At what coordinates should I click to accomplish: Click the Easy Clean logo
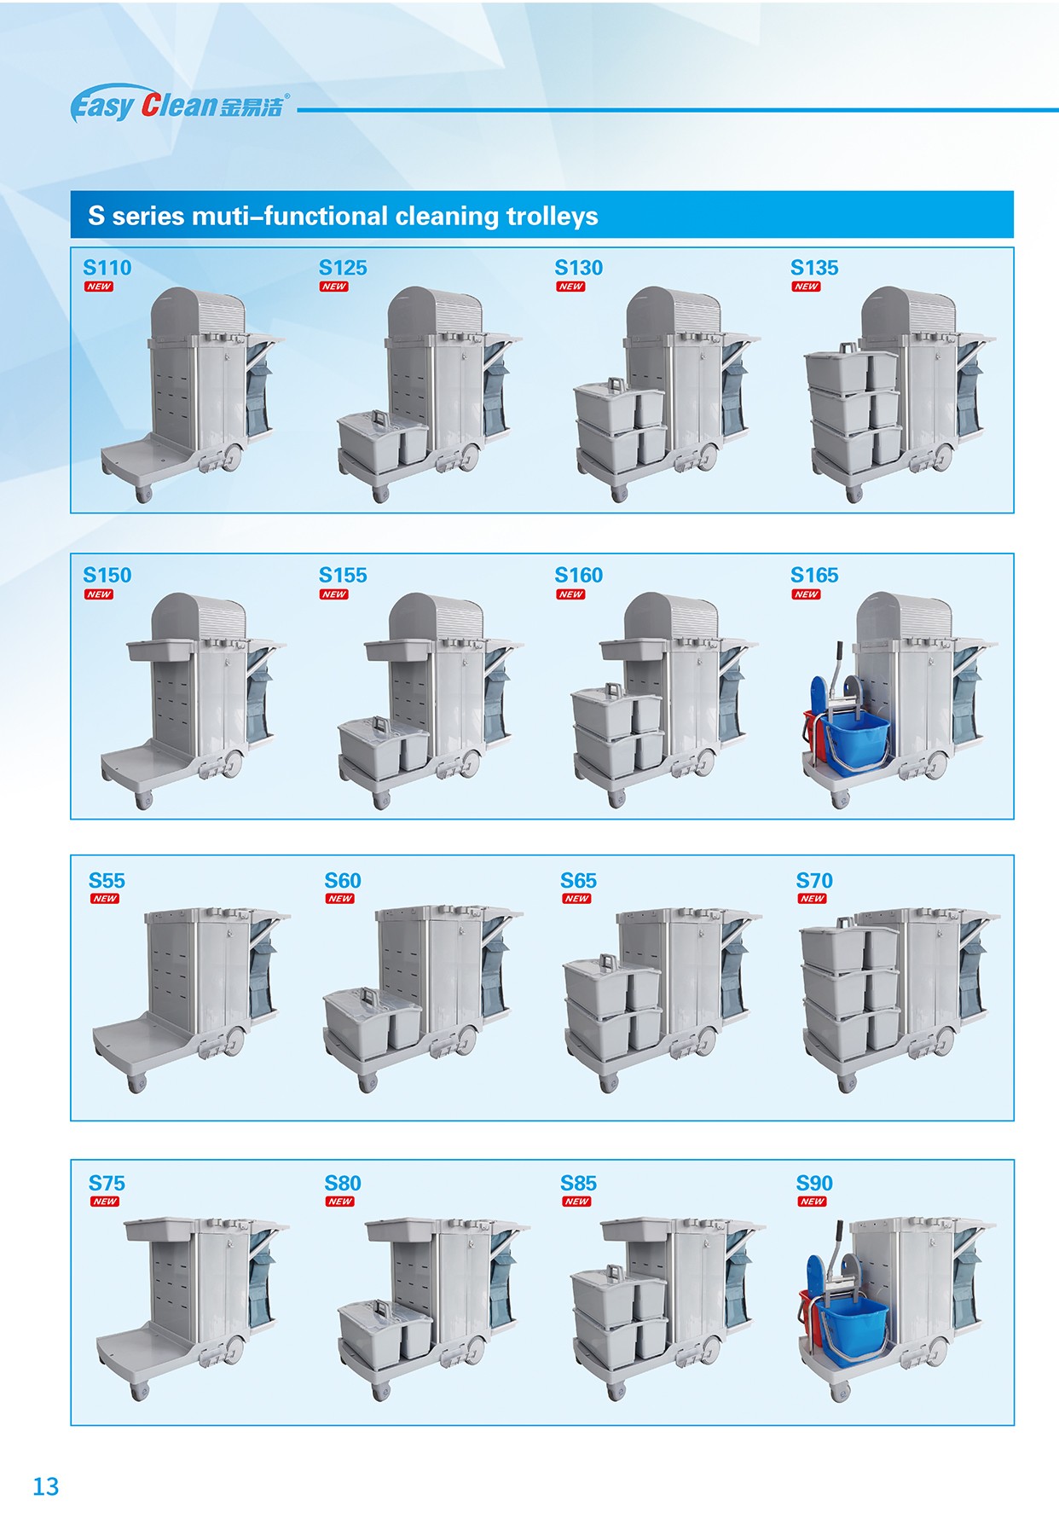pos(180,104)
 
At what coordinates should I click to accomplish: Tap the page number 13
pos(46,1486)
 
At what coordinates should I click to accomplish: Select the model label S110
pos(107,268)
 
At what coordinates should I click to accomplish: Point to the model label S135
pos(814,268)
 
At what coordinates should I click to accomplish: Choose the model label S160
pos(579,576)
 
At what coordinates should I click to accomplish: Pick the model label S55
pos(107,881)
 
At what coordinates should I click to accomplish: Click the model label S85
pos(578,1184)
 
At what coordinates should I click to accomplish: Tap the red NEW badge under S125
pos(334,287)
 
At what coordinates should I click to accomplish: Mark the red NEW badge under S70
pos(812,899)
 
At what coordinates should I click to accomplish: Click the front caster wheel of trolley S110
pos(142,494)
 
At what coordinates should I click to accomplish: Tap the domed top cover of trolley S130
pos(673,314)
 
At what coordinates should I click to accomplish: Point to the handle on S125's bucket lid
pos(379,420)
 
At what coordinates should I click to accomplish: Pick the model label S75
pos(107,1184)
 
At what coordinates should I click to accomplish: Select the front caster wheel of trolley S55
pos(136,1084)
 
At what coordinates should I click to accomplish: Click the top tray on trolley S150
pos(160,651)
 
